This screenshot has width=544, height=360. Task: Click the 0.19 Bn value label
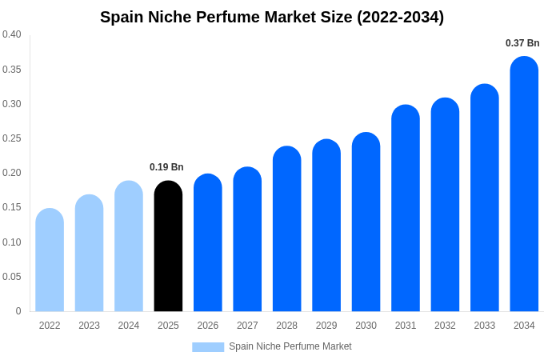166,167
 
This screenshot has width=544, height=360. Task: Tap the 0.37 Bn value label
522,43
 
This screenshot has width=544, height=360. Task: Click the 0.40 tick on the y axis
12,34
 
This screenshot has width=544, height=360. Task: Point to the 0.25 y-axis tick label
12,138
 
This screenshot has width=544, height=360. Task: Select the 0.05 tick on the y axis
12,277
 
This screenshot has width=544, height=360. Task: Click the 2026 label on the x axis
208,326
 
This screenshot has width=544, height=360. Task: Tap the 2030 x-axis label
366,326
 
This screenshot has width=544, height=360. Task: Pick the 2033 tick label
484,326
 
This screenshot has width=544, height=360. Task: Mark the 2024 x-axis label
129,326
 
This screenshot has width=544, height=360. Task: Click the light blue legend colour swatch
208,346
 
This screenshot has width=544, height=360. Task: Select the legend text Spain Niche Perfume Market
290,346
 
